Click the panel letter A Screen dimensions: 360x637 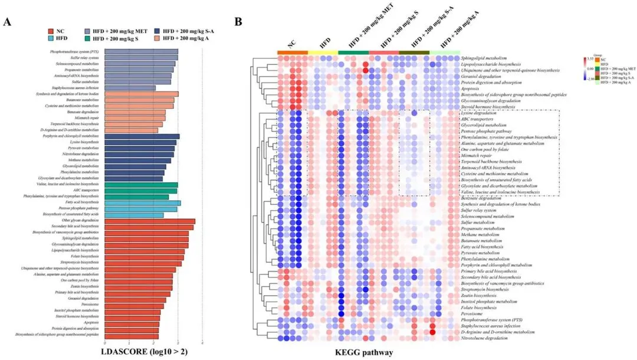tap(8, 22)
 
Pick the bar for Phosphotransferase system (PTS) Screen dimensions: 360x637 tap(141, 52)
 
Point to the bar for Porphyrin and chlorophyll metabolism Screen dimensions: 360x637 tap(142, 136)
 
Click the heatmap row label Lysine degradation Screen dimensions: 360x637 tap(480, 113)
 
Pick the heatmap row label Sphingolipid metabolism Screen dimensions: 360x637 tap(484, 58)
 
